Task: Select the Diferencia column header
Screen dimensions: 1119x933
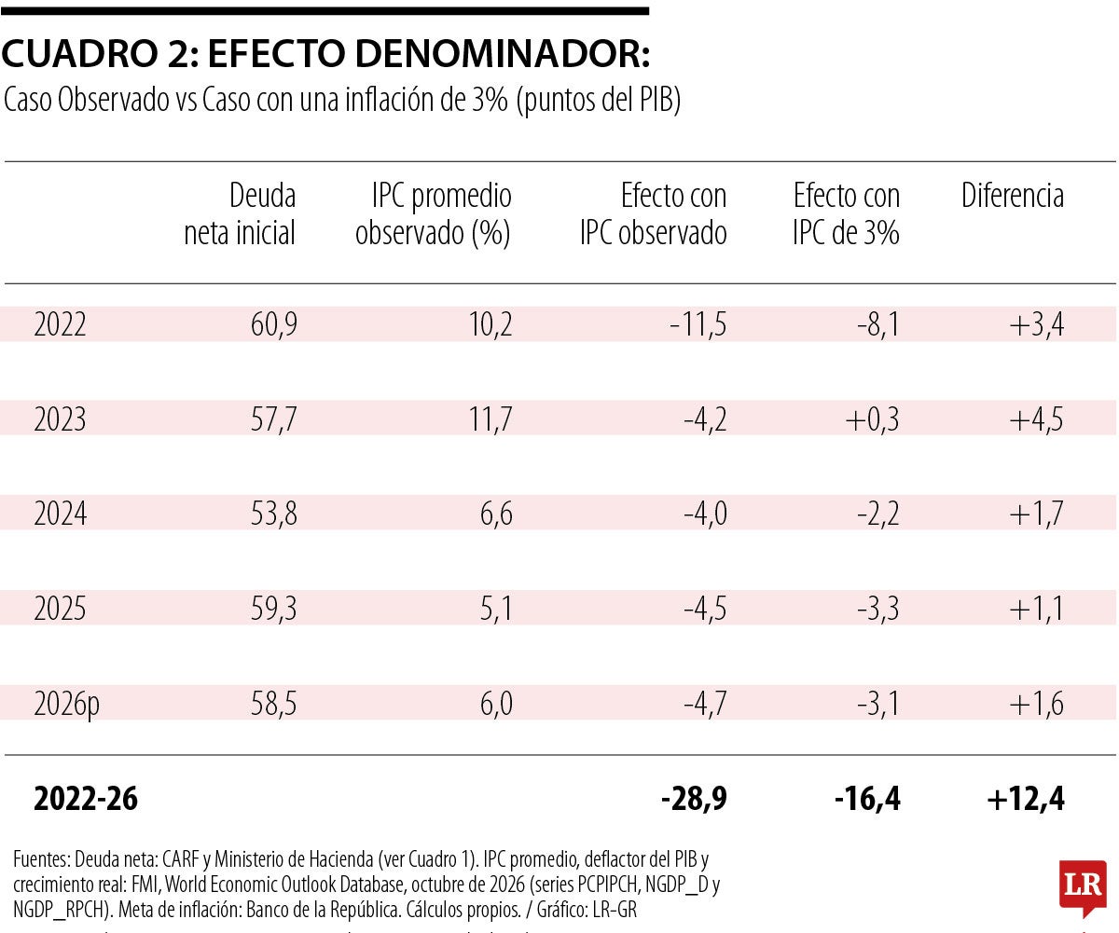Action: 1013,195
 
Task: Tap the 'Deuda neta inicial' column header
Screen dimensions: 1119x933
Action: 240,214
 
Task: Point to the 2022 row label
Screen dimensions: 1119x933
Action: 60,324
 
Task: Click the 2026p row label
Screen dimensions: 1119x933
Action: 66,704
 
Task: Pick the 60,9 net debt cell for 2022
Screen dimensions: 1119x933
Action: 274,324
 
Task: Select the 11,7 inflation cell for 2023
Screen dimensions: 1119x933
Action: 490,419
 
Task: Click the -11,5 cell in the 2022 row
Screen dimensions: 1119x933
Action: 698,324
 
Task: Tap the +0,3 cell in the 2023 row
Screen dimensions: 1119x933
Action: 873,419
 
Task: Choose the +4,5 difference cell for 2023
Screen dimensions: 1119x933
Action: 1036,419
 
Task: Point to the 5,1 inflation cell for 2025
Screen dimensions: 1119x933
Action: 496,609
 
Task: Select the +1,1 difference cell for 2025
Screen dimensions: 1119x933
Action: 1036,609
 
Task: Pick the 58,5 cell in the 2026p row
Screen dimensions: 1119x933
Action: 274,704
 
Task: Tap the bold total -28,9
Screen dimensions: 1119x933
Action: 694,799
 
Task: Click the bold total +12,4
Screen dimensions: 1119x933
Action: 1026,799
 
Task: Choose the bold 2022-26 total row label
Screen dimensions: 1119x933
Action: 86,799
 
